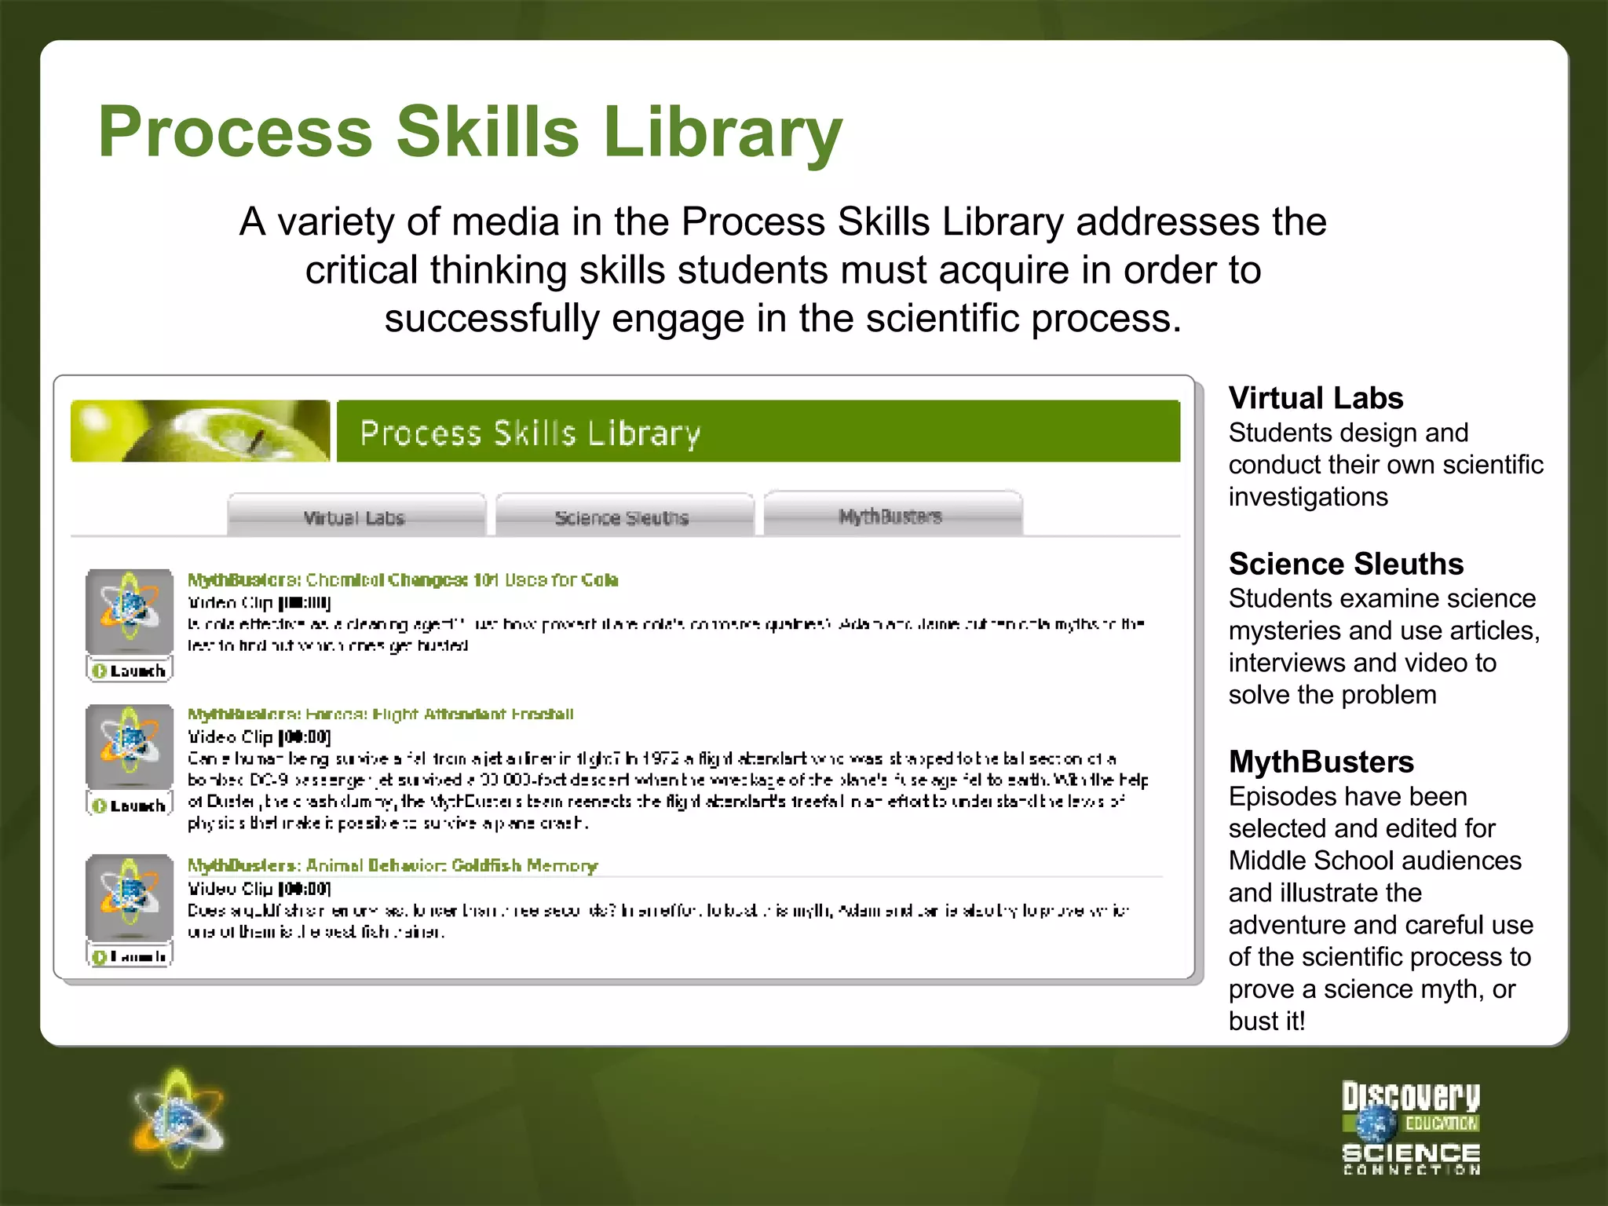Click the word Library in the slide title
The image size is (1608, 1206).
(722, 132)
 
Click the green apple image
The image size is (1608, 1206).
(200, 431)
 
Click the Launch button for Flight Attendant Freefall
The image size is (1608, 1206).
(130, 806)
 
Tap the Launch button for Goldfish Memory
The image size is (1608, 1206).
(130, 956)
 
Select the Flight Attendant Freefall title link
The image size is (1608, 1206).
(381, 714)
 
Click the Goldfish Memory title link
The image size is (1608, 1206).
(393, 865)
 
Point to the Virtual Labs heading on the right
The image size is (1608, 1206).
(1316, 398)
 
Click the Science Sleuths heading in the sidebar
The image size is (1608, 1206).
(1346, 564)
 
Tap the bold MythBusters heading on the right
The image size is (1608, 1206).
(1321, 762)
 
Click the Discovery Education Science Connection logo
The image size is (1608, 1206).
(1411, 1127)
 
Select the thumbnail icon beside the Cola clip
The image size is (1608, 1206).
(130, 612)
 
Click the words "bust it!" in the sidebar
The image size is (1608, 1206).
(1266, 1021)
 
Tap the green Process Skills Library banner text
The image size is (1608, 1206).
(530, 433)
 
